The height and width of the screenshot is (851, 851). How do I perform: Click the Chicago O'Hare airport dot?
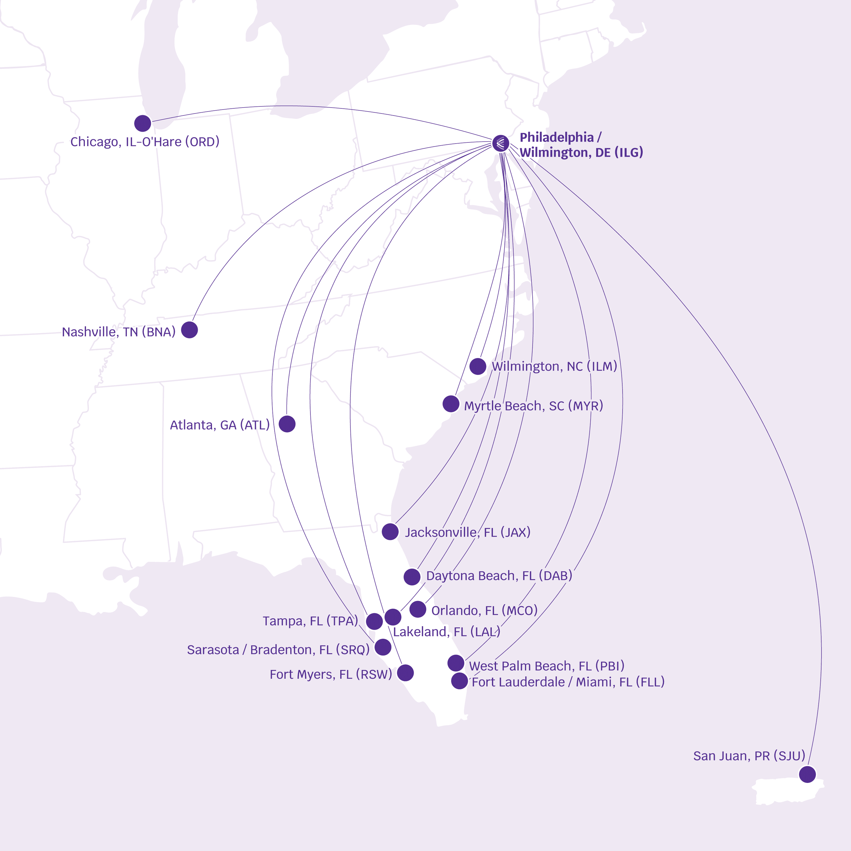pyautogui.click(x=142, y=123)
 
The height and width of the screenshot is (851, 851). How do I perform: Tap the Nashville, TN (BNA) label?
pyautogui.click(x=119, y=332)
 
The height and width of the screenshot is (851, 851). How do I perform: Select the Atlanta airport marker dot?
pyautogui.click(x=287, y=424)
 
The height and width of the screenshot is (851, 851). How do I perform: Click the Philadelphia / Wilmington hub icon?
pyautogui.click(x=500, y=143)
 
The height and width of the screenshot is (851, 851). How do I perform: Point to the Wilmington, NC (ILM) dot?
pyautogui.click(x=477, y=366)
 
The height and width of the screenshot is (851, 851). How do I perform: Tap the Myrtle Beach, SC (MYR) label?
pyautogui.click(x=533, y=406)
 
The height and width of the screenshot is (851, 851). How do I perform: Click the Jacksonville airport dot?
pyautogui.click(x=390, y=532)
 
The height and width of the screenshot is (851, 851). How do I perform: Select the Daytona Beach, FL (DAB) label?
pyautogui.click(x=499, y=576)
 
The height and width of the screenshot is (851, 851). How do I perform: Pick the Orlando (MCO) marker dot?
pyautogui.click(x=418, y=609)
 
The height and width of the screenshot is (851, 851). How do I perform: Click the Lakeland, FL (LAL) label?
pyautogui.click(x=446, y=632)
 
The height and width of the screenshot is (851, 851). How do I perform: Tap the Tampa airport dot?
pyautogui.click(x=374, y=621)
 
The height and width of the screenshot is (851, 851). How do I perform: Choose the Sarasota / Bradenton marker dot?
pyautogui.click(x=383, y=647)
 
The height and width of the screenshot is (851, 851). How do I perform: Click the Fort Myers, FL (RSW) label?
pyautogui.click(x=330, y=674)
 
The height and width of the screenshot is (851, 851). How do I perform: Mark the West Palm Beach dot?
pyautogui.click(x=456, y=662)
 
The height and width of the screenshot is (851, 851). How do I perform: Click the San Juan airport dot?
pyautogui.click(x=807, y=774)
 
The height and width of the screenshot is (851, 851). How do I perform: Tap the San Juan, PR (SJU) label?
pyautogui.click(x=749, y=756)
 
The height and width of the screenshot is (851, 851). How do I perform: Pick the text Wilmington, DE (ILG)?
pyautogui.click(x=581, y=152)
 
